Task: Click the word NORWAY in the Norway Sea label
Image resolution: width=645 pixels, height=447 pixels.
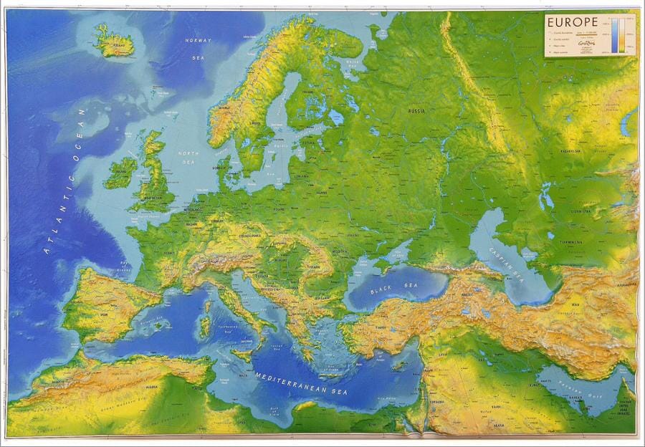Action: pos(197,41)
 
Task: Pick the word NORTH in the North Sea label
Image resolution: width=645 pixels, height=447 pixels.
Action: pos(188,154)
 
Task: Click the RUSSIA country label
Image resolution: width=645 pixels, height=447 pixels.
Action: pos(416,112)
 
